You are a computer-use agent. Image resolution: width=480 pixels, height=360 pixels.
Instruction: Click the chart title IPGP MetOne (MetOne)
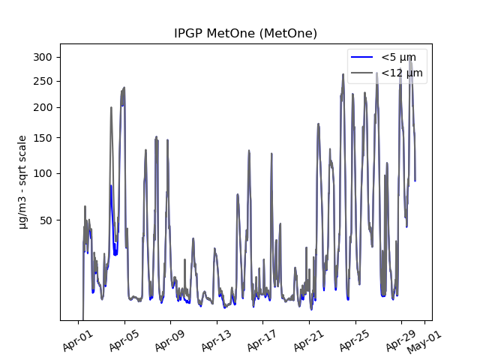coord(245,34)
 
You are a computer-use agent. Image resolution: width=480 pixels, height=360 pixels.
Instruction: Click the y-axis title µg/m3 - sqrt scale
coord(22,181)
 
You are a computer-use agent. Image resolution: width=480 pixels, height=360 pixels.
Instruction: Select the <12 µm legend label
coord(401,73)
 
